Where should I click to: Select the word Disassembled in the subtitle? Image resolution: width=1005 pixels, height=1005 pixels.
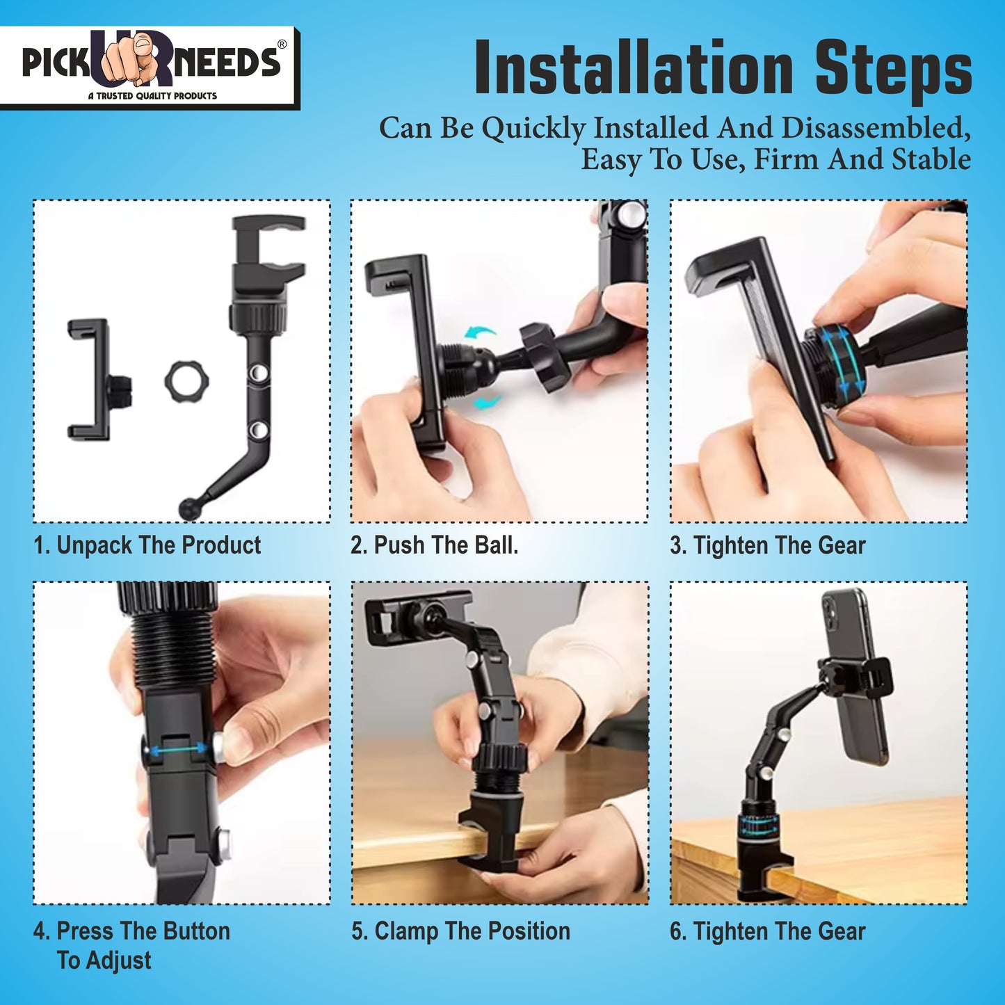tap(876, 128)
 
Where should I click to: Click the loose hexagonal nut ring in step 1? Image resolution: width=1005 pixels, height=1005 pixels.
tap(186, 379)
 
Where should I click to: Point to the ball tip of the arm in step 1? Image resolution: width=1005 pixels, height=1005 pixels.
tap(188, 508)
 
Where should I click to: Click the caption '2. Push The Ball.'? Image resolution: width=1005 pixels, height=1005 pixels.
tap(435, 545)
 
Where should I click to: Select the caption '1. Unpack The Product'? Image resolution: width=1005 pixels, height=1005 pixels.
tap(147, 545)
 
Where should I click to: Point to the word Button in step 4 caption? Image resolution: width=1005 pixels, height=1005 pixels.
tap(195, 931)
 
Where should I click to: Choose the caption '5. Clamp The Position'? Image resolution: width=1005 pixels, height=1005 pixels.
tap(460, 931)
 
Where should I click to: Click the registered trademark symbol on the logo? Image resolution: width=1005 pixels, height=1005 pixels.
tap(282, 45)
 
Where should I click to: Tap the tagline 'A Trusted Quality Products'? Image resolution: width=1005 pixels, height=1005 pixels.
tap(152, 96)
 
